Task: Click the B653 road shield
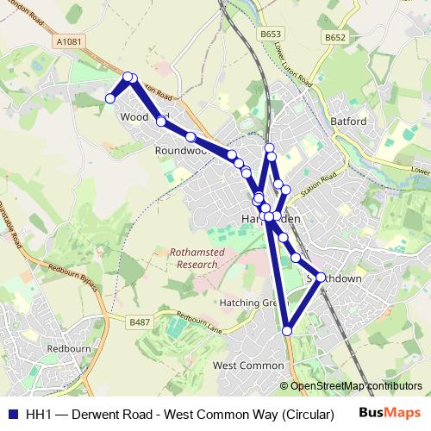[x=271, y=34]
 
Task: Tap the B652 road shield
[x=335, y=37]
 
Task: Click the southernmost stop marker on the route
[x=287, y=330]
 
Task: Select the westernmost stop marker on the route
[x=110, y=99]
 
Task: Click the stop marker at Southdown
[x=321, y=277]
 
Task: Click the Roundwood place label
[x=182, y=150]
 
